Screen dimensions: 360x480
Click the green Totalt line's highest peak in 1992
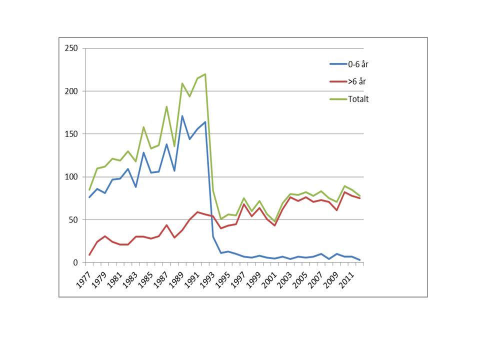pyautogui.click(x=205, y=74)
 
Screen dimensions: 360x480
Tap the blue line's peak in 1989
pyautogui.click(x=182, y=116)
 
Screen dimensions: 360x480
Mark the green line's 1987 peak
pyautogui.click(x=166, y=106)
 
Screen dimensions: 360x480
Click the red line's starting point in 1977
pyautogui.click(x=89, y=255)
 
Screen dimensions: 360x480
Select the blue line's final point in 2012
pyautogui.click(x=360, y=260)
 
